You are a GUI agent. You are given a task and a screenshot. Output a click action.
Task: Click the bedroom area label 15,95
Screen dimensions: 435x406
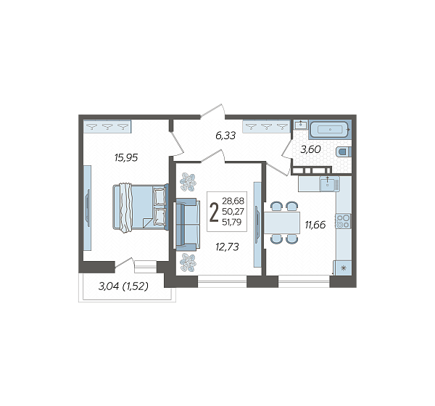tap(126, 157)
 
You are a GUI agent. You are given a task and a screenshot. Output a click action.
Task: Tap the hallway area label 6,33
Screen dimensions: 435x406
tap(225, 136)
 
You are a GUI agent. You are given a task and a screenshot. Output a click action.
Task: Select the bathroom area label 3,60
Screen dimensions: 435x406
tap(311, 149)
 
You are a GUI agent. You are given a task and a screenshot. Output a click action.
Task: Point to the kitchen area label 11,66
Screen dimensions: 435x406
tap(315, 225)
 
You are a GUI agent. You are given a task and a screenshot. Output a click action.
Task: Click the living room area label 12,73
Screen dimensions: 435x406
tap(227, 246)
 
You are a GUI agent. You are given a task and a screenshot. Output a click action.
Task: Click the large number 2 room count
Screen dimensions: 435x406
tap(214, 212)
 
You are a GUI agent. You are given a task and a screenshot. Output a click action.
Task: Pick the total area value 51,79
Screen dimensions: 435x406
tap(232, 222)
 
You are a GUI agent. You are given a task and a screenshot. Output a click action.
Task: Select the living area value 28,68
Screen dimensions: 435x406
tap(233, 201)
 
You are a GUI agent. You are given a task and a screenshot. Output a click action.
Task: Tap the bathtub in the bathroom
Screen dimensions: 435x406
tap(330, 129)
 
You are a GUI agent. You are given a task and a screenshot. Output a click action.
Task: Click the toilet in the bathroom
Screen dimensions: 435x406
tap(344, 152)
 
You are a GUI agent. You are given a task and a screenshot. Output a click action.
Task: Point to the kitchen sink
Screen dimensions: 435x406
tap(329, 184)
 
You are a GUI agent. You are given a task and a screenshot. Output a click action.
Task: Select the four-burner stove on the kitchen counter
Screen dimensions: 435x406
tap(343, 221)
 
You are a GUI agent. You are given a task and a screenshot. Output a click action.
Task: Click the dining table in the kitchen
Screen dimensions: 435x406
tap(282, 223)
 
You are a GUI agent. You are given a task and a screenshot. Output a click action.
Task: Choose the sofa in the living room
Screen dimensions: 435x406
tap(188, 224)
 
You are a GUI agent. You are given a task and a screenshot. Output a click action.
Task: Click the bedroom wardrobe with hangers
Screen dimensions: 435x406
tap(107, 127)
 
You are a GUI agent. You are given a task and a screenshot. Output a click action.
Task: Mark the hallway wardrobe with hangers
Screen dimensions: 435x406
tap(266, 127)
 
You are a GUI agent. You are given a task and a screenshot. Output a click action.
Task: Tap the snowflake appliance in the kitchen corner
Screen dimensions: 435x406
tap(344, 268)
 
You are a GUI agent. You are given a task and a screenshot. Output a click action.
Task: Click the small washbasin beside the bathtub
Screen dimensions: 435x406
tap(300, 124)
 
